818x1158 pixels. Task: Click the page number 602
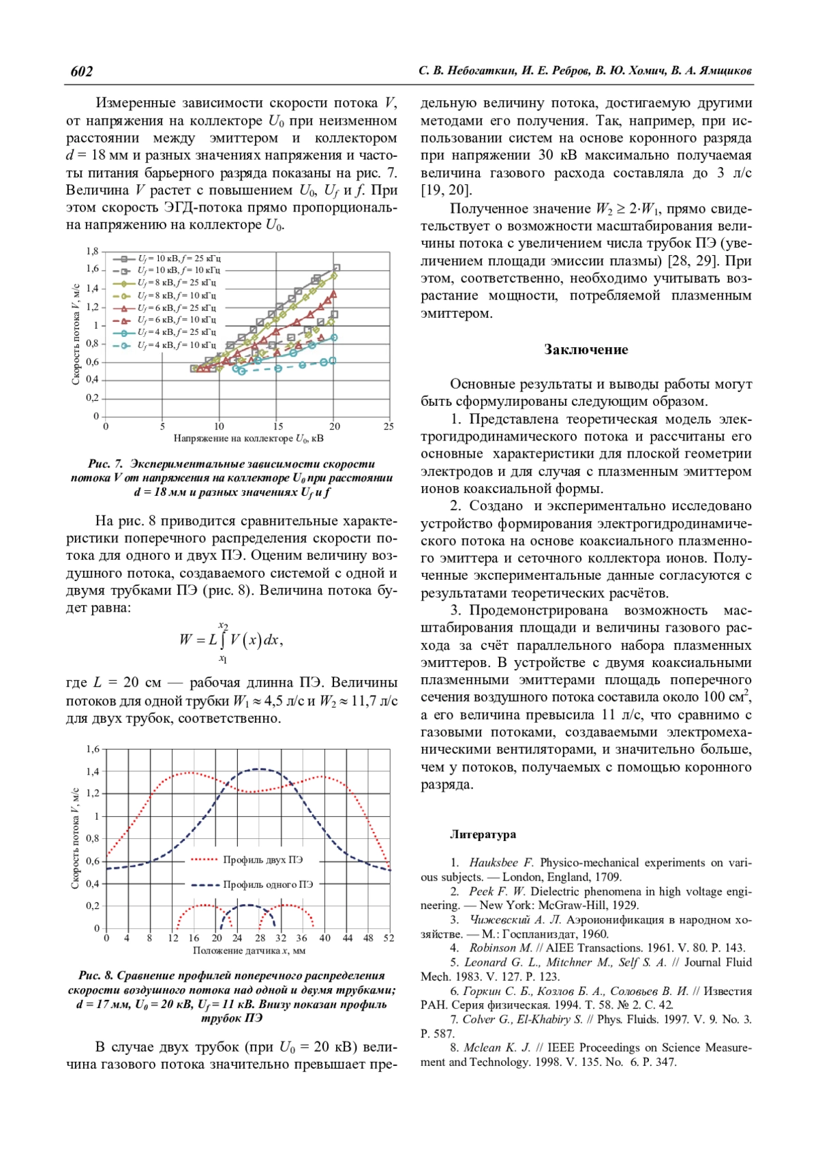point(82,72)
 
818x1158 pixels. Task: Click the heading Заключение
point(586,350)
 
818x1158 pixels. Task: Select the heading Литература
point(483,835)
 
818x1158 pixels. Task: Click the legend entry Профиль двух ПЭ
point(262,860)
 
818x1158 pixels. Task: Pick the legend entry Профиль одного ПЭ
point(268,885)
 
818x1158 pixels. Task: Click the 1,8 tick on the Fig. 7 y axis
point(92,252)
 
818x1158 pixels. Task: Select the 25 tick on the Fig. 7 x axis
point(389,427)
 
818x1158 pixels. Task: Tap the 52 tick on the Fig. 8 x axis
point(389,938)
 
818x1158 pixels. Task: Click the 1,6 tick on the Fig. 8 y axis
point(93,749)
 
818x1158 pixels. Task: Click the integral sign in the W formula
point(223,640)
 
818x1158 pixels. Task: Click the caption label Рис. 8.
point(96,976)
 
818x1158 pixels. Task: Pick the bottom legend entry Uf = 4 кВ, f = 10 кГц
point(177,345)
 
